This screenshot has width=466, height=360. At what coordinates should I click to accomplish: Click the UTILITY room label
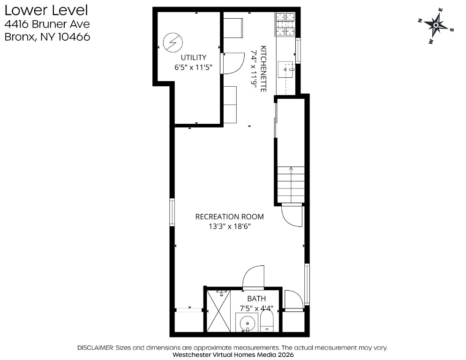[194, 57]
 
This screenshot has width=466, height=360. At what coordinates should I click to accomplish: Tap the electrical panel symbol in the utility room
[173, 42]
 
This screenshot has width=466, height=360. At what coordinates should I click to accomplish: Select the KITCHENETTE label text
[263, 68]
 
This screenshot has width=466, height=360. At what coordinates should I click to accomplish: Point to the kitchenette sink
[286, 69]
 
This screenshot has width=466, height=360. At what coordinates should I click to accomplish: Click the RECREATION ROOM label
[229, 217]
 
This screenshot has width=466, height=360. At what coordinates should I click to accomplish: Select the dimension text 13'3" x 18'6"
[229, 226]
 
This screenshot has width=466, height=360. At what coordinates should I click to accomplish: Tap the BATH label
[256, 299]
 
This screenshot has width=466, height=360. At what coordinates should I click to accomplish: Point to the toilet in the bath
[267, 323]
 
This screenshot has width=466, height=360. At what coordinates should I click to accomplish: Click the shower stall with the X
[218, 311]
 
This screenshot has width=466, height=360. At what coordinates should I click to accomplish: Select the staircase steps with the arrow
[291, 184]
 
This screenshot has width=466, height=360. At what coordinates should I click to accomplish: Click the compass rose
[436, 26]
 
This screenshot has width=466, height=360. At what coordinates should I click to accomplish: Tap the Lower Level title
[46, 10]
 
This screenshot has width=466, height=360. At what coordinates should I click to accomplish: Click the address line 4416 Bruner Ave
[47, 24]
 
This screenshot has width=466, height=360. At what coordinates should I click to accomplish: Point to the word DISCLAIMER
[95, 347]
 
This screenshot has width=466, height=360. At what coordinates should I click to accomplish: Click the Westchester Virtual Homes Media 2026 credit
[233, 355]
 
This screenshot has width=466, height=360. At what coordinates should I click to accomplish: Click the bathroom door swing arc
[253, 277]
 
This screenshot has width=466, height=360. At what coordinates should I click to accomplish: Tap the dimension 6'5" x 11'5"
[194, 67]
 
